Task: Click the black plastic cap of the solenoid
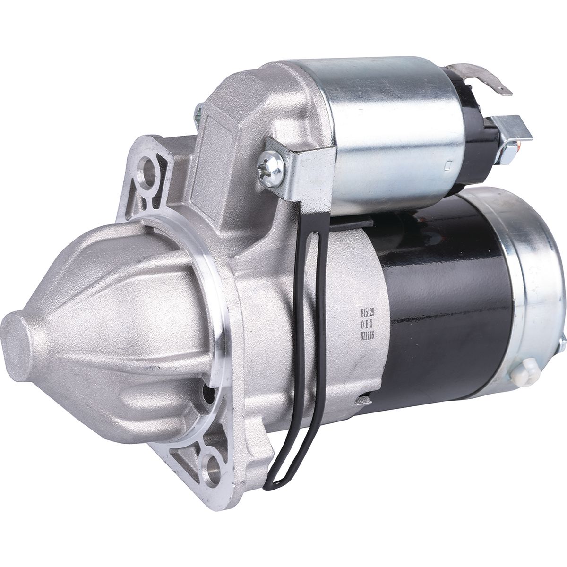coord(477,142)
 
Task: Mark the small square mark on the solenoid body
coord(447,165)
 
